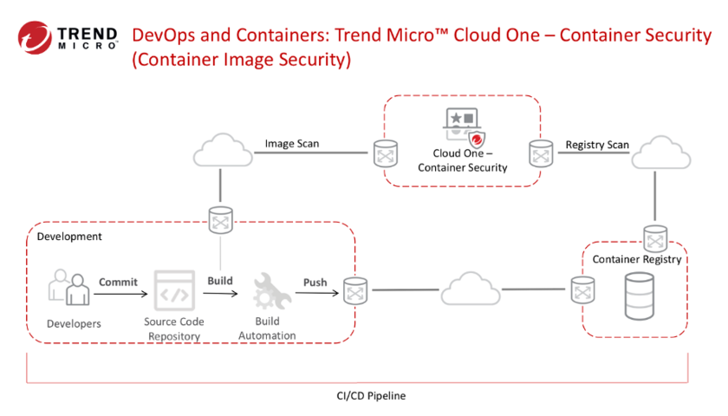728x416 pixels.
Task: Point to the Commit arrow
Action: pyautogui.click(x=120, y=295)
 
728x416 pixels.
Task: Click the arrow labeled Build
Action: pyautogui.click(x=221, y=294)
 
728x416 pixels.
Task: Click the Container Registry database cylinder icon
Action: pyautogui.click(x=639, y=296)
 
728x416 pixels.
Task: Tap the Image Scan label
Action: pyautogui.click(x=290, y=144)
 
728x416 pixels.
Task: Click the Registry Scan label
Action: pyautogui.click(x=597, y=144)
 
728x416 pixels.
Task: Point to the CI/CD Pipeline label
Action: pyautogui.click(x=371, y=395)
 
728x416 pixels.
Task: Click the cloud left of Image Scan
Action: pyautogui.click(x=223, y=153)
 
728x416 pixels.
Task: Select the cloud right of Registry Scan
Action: pyautogui.click(x=662, y=154)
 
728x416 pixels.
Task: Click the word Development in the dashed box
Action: pyautogui.click(x=69, y=236)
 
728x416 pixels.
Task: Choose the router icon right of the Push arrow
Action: pyautogui.click(x=354, y=291)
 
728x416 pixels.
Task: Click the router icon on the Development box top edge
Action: pyautogui.click(x=222, y=221)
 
